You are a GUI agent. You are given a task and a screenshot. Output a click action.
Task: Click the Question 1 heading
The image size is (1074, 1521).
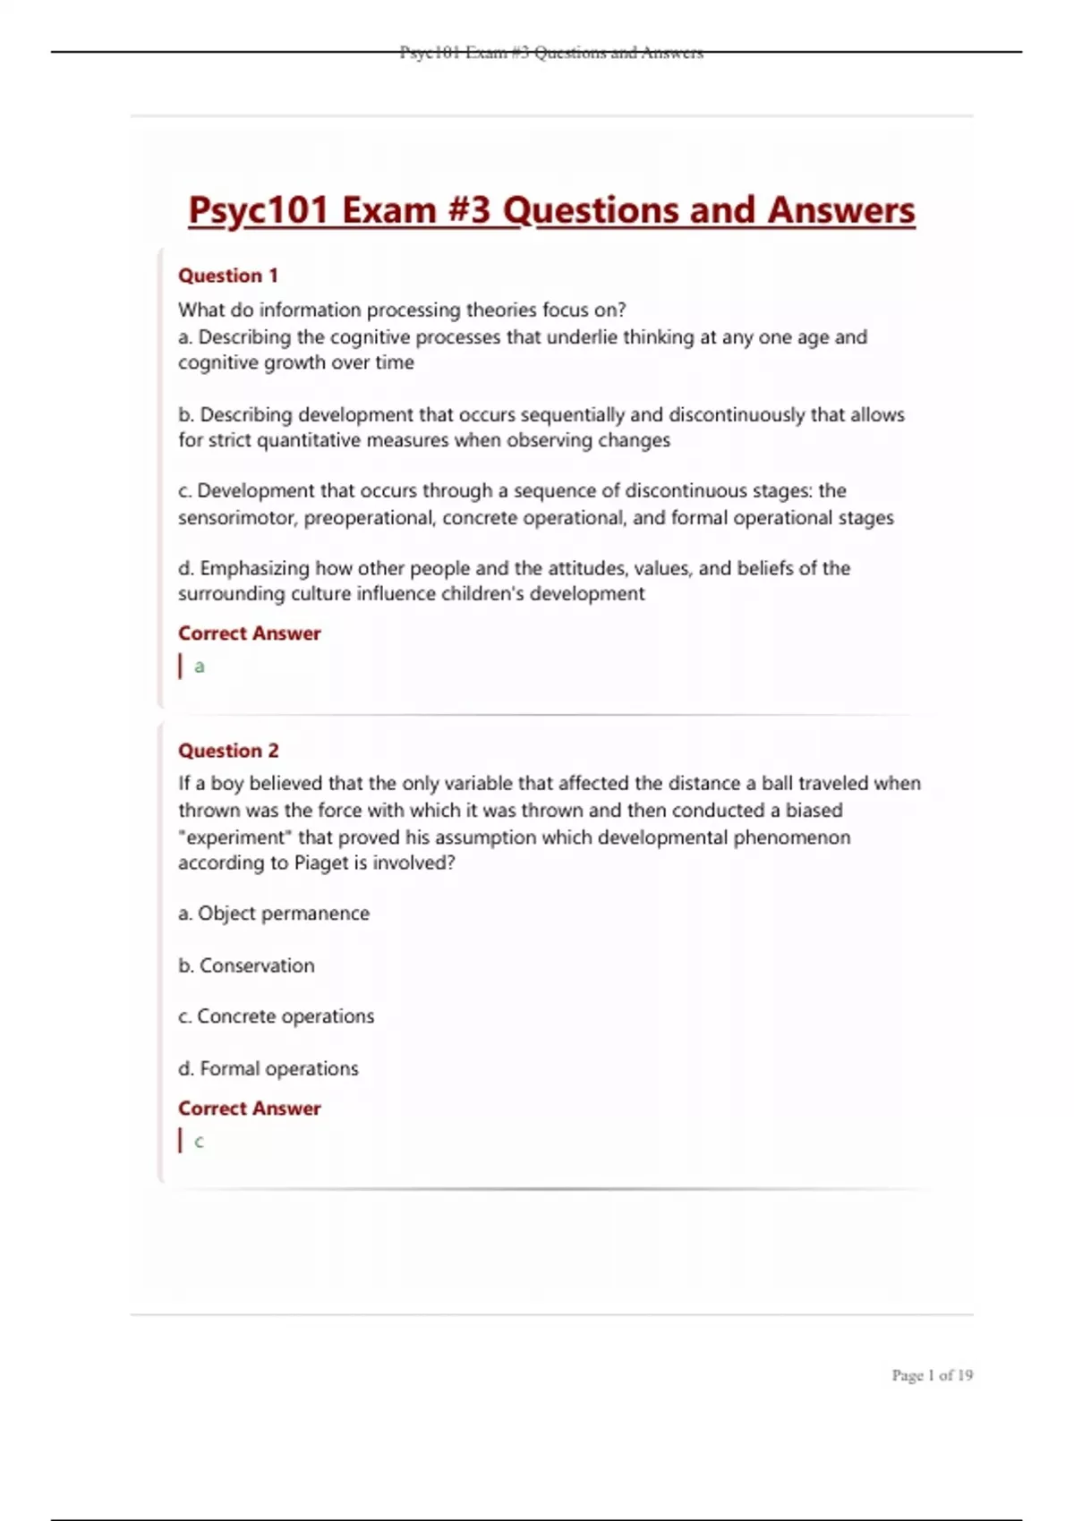click(x=228, y=276)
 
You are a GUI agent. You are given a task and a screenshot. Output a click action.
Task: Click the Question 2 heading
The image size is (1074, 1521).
click(x=228, y=751)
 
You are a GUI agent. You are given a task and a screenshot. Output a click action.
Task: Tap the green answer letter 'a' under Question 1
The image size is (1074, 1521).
click(x=200, y=667)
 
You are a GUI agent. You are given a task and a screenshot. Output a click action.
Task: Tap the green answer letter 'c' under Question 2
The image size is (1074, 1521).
click(x=199, y=1142)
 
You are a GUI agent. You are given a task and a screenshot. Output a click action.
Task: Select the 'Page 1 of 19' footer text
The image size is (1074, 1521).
click(x=932, y=1375)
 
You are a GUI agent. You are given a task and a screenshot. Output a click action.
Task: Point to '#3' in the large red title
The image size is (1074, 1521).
click(x=468, y=211)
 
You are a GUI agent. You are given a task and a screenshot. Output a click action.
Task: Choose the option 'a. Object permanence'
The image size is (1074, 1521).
click(x=274, y=913)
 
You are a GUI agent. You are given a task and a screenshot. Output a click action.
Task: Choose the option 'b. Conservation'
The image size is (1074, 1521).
click(x=246, y=965)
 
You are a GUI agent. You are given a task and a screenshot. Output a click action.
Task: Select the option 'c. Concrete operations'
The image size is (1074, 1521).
click(x=276, y=1016)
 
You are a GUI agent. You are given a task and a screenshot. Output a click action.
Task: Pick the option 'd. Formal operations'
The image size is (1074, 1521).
click(x=268, y=1068)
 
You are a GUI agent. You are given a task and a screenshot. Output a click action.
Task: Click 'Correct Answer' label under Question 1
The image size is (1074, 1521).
click(x=249, y=633)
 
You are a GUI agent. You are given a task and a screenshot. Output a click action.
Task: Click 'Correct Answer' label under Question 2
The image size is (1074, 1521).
click(x=249, y=1109)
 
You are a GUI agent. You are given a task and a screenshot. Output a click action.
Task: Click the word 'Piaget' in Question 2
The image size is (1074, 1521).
click(x=321, y=863)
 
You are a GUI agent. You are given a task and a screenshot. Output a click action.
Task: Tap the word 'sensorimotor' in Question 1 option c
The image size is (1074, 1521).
click(x=236, y=518)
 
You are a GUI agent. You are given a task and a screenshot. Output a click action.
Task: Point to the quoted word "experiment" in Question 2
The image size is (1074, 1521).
click(x=235, y=837)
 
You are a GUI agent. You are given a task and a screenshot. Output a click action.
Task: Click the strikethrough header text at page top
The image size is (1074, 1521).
click(x=551, y=53)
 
